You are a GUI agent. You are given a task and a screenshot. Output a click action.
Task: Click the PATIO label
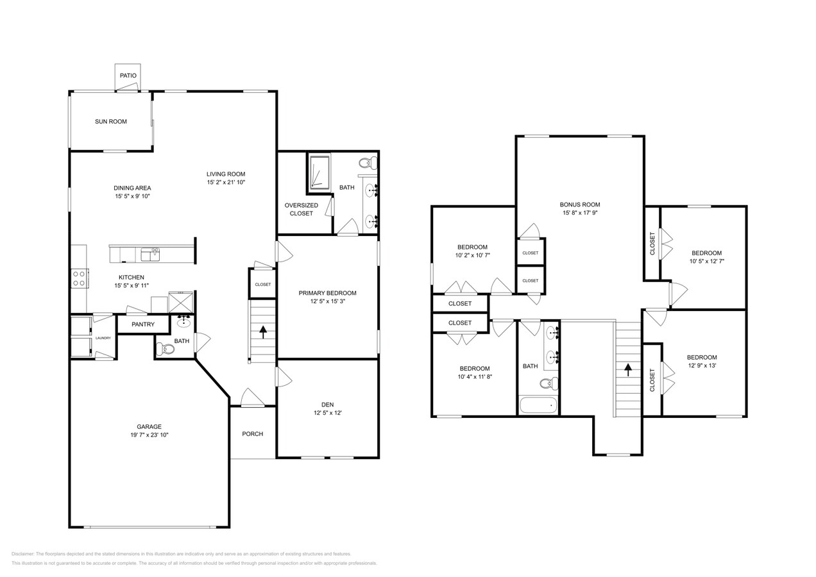click(x=128, y=76)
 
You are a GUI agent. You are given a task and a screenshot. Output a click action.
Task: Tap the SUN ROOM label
click(x=111, y=121)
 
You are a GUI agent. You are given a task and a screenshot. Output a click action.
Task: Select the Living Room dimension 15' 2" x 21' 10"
click(x=226, y=182)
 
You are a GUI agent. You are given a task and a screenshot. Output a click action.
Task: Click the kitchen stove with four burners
click(x=79, y=278)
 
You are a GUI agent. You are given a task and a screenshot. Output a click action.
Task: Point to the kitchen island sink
click(x=151, y=255)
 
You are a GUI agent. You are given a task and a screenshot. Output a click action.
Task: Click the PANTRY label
click(x=143, y=324)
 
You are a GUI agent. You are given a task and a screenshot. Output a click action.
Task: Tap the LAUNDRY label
click(x=103, y=338)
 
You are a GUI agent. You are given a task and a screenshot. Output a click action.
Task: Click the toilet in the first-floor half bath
click(x=166, y=349)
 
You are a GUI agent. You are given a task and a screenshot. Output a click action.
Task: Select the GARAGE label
click(x=149, y=426)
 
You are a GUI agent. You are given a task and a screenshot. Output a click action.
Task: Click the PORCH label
click(x=252, y=434)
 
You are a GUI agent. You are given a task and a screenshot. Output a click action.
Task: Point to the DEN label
click(x=327, y=404)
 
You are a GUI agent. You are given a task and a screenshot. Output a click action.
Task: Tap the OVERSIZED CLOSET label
click(x=301, y=209)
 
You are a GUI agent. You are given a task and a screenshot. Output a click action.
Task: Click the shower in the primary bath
click(x=319, y=173)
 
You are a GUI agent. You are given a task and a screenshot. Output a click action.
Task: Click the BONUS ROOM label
click(x=580, y=205)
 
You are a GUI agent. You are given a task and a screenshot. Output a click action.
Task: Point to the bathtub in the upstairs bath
click(x=538, y=405)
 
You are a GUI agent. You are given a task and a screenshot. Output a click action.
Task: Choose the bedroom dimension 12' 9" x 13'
click(x=702, y=365)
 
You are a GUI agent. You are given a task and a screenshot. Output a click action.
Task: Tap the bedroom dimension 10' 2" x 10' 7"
click(x=472, y=255)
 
